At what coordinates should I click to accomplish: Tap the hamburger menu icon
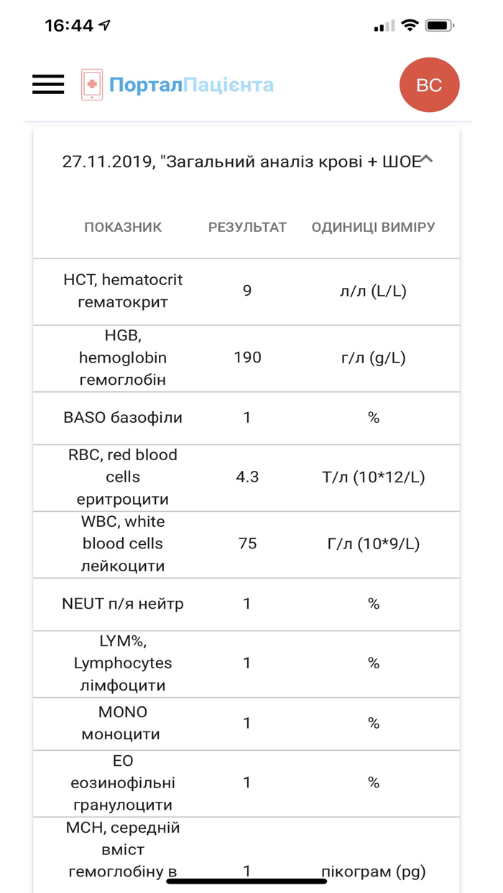coord(48,85)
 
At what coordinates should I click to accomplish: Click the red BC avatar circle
coord(429,85)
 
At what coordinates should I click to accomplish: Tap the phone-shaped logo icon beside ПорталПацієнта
coord(91,85)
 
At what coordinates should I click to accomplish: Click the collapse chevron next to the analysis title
coord(426,159)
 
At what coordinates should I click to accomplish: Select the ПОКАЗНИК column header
coord(123,227)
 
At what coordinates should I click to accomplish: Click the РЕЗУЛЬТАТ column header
coord(247,227)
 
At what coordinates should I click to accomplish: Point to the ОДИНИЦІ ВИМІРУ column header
coord(373,227)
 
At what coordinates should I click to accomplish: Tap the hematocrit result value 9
coord(247,291)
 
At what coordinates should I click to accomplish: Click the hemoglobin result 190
coord(247,357)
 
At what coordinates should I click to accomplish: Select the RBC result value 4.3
coord(247,477)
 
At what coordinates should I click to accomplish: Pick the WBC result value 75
coord(247,543)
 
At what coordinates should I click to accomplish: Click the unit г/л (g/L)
coord(373,357)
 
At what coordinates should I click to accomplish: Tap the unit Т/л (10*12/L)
coord(373,477)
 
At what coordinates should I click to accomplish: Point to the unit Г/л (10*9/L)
coord(373,543)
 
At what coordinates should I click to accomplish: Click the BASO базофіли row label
coord(123,417)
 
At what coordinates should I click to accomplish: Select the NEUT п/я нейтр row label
coord(123,604)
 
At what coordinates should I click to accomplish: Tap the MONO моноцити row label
coord(123,723)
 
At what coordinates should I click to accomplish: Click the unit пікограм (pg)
coord(373,871)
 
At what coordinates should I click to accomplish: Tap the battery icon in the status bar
coord(439,26)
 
